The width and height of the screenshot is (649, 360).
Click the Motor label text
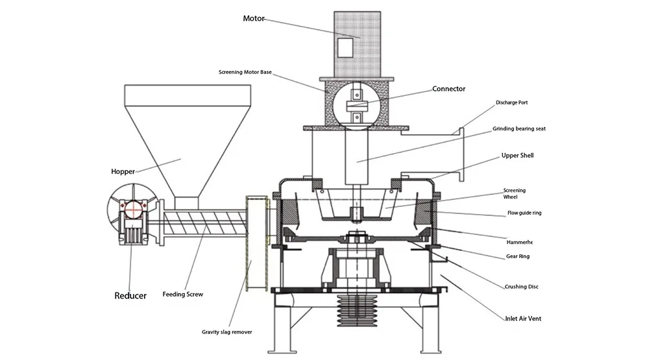254,18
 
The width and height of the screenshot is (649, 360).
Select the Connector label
448,89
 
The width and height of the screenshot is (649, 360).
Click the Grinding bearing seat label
519,128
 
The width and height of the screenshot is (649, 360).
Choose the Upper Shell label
517,156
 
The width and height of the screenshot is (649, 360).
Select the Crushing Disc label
521,286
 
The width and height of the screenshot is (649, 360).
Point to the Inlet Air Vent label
523,318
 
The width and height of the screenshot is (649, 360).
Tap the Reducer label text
130,296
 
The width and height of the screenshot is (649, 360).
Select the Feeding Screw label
183,294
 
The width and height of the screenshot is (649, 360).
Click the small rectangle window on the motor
346,47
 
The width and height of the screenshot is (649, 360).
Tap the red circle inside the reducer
133,210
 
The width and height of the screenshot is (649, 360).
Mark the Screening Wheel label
515,193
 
